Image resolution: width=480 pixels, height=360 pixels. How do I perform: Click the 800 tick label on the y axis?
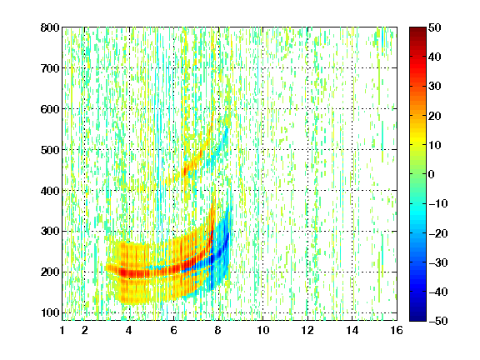point(50,27)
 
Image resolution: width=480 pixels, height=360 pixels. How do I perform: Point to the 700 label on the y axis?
point(50,68)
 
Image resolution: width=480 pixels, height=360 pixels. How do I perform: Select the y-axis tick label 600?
point(50,109)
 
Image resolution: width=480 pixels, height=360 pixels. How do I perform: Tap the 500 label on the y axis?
point(50,150)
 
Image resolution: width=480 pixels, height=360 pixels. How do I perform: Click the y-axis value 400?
point(50,191)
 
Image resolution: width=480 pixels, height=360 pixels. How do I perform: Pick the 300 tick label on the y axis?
point(50,232)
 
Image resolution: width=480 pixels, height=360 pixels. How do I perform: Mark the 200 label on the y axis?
point(50,272)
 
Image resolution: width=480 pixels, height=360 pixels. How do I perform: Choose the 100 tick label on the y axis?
point(50,312)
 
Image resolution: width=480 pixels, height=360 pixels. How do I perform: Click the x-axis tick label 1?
point(62,330)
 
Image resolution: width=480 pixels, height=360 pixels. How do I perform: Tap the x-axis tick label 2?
point(85,330)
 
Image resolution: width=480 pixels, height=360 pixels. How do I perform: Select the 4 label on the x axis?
point(129,330)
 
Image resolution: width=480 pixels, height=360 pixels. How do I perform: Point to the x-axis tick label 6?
point(173,330)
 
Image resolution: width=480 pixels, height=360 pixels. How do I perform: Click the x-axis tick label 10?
point(263,330)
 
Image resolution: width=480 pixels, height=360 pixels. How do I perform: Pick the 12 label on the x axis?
point(307,330)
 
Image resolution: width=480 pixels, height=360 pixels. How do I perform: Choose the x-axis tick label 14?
point(352,330)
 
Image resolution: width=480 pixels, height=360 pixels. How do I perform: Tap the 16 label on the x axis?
point(397,330)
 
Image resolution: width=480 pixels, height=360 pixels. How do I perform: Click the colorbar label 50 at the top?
point(434,27)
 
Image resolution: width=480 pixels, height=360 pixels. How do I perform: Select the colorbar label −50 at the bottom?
point(438,321)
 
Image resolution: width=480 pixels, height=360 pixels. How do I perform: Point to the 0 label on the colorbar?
point(432,174)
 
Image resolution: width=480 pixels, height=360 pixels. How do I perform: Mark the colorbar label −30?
point(438,262)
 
